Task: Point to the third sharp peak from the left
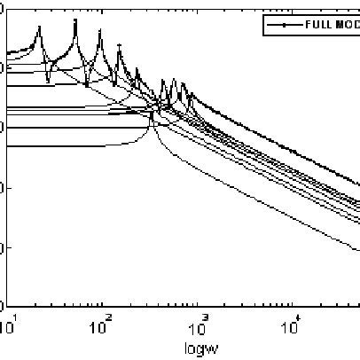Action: point(99,40)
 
